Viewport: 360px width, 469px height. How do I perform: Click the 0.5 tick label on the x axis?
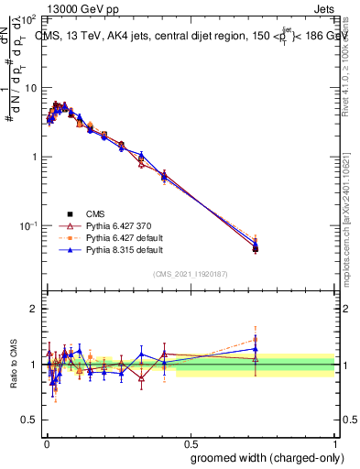[190, 442]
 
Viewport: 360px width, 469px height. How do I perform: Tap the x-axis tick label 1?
[336, 442]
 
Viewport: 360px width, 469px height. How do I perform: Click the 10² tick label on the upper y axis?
[27, 18]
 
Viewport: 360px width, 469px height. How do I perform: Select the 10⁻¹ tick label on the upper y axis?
[27, 225]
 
